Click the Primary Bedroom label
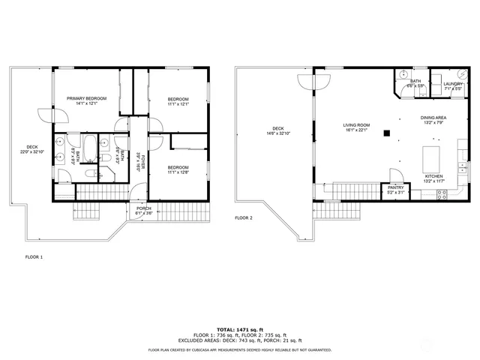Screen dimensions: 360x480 86,98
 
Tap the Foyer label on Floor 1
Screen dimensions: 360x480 139,160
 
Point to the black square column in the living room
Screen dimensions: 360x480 387,133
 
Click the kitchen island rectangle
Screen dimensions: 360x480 432,159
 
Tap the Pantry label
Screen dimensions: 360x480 395,187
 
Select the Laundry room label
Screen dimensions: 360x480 453,83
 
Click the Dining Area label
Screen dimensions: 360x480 433,118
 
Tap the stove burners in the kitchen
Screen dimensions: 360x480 442,194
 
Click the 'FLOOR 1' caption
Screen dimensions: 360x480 34,256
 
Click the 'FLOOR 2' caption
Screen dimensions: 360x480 244,217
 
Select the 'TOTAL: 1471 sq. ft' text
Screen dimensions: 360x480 239,329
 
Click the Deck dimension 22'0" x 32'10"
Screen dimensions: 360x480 32,151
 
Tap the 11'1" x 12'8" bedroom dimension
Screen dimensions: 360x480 178,172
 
